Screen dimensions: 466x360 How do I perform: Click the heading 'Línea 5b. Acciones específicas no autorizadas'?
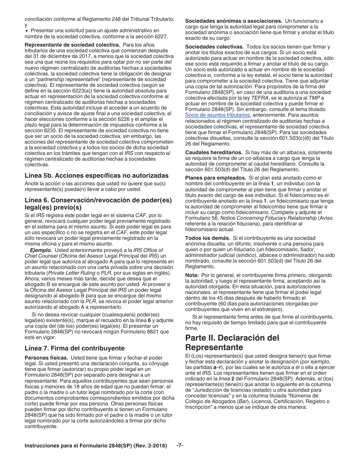[96, 175]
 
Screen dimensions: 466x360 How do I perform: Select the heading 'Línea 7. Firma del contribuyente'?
[75, 348]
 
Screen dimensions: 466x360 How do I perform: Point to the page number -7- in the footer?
[180, 446]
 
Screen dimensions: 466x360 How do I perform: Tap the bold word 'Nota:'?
[192, 275]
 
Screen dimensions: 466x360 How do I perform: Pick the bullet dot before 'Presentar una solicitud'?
[27, 30]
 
